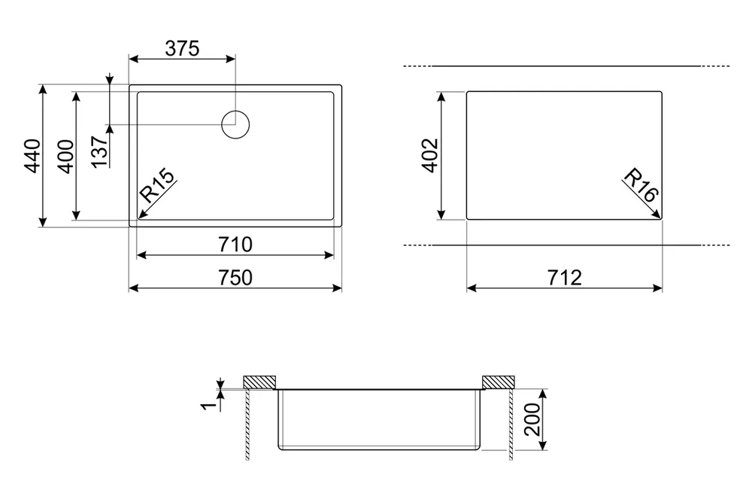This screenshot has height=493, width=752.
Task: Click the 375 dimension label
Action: coord(182,48)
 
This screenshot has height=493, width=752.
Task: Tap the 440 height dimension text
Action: coord(32,156)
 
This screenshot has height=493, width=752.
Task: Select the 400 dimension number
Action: coord(65,157)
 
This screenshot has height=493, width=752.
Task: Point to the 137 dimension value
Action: coord(99,152)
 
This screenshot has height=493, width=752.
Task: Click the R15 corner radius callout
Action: coord(157,186)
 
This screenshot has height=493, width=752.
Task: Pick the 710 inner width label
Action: coord(235,245)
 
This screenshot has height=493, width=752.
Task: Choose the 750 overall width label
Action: coord(235,278)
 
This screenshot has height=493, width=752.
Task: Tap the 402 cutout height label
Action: coord(430,155)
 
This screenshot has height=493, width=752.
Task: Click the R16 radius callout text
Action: coord(641,185)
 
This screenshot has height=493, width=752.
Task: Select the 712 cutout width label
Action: coord(565,278)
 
